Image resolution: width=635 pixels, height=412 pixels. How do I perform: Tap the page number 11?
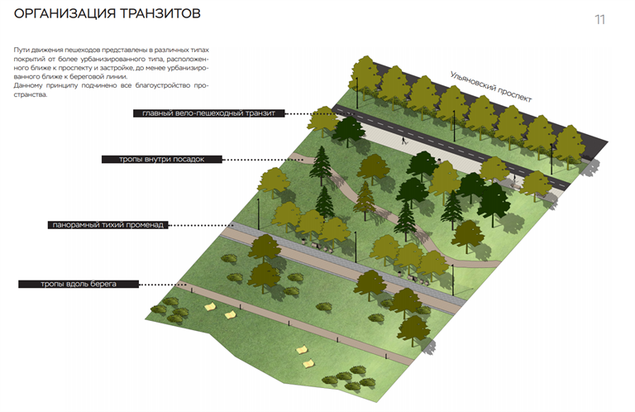tap(599, 19)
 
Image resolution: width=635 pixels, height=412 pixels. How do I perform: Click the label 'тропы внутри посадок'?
tap(162, 159)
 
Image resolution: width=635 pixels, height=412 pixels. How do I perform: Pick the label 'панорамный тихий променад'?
tap(108, 224)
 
